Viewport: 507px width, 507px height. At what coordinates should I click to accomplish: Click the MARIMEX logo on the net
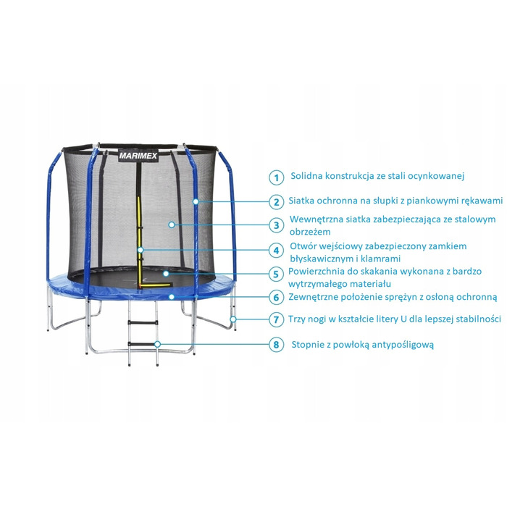(138, 156)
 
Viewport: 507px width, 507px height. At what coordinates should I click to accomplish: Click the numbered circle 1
(276, 177)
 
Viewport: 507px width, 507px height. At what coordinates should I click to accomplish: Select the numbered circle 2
(276, 202)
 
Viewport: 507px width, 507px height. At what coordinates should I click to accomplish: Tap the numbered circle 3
(276, 225)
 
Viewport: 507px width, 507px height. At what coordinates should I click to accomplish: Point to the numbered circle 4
(276, 251)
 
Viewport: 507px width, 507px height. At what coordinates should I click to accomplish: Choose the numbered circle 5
(276, 275)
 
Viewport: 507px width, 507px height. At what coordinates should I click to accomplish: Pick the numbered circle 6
(276, 297)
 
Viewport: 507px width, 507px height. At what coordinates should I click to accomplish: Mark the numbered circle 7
(276, 319)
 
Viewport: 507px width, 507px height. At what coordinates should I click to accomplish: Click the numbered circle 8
(276, 345)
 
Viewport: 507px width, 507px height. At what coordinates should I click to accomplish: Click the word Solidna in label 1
(306, 176)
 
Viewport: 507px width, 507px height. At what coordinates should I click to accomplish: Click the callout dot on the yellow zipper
(140, 250)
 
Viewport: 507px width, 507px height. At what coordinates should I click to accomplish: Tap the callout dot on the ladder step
(157, 344)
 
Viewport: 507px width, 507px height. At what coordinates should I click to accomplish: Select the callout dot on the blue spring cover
(172, 296)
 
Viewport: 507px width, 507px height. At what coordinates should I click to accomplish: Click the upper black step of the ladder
(143, 322)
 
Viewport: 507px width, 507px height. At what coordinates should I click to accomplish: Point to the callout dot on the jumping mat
(166, 274)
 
